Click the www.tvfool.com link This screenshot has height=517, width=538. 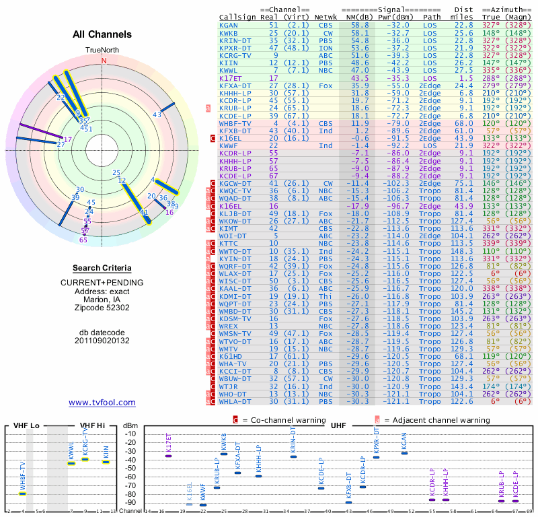(x=102, y=403)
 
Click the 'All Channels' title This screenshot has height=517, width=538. (x=102, y=34)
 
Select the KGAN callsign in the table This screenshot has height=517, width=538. (x=229, y=25)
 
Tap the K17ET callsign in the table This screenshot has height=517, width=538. (x=231, y=77)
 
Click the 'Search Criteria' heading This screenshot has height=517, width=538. (x=102, y=268)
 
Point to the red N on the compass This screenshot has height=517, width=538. (x=104, y=60)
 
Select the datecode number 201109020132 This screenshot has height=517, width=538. (x=102, y=341)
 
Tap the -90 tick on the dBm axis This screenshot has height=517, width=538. (x=130, y=502)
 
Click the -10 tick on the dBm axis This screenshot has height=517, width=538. (x=130, y=434)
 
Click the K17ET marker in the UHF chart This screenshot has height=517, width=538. (x=169, y=456)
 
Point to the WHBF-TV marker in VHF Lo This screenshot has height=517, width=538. (x=23, y=493)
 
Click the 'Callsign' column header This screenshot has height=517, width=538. (x=237, y=16)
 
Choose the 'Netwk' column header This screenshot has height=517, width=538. (x=325, y=16)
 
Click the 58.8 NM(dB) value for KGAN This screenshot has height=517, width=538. (x=359, y=25)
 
